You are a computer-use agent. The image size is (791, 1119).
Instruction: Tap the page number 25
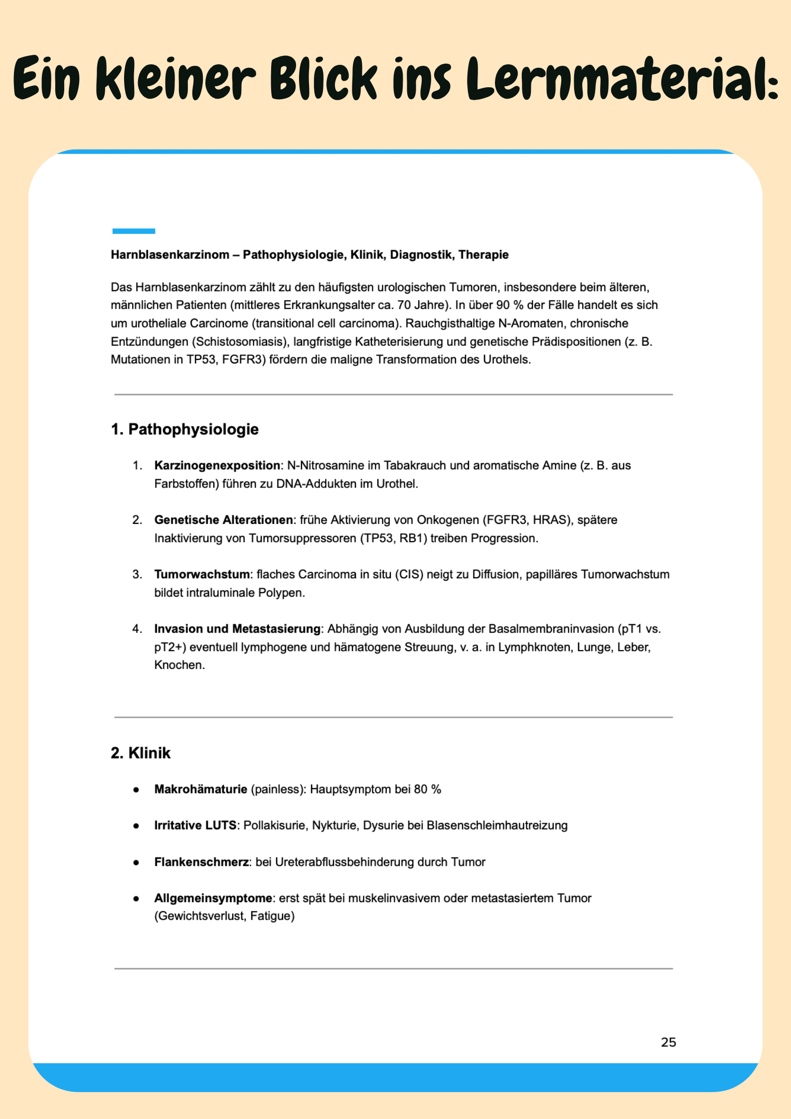click(668, 1042)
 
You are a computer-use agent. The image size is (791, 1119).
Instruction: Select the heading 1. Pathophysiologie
click(184, 429)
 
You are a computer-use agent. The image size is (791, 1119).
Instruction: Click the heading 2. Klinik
click(141, 753)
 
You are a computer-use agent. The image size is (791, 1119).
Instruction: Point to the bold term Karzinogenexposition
click(217, 466)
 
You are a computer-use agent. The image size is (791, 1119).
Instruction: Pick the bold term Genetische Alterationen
click(224, 520)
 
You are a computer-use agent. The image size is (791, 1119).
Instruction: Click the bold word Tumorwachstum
click(202, 574)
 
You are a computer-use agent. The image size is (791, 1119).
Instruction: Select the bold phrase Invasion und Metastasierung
click(237, 629)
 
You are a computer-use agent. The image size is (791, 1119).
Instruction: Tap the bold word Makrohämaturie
click(201, 789)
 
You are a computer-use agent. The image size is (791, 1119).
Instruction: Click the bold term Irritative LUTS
click(195, 825)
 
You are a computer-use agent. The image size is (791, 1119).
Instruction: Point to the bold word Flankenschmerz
click(201, 862)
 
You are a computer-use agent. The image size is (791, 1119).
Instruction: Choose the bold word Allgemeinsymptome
click(213, 898)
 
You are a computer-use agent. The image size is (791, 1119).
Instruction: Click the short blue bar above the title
click(134, 231)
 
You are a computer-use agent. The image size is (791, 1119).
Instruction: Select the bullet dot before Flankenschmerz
click(136, 863)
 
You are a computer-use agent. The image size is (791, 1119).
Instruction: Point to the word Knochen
click(179, 665)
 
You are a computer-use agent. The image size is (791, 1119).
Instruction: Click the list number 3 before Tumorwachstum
click(137, 574)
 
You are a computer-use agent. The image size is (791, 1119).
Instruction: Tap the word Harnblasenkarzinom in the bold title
click(170, 255)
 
